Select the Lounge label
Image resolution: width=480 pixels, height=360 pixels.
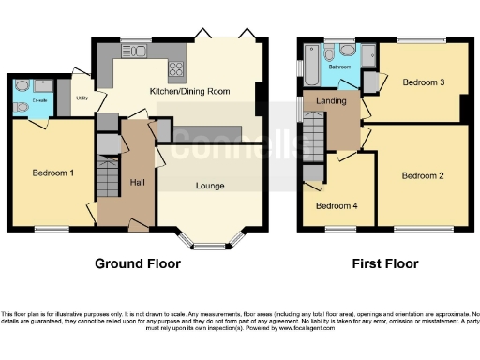(x=210, y=186)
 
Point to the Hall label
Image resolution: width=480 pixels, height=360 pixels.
(x=137, y=182)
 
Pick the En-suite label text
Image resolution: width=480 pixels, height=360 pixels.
(x=39, y=98)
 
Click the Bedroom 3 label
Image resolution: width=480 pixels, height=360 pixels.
(x=422, y=82)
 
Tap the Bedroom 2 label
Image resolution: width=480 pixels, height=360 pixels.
(x=422, y=175)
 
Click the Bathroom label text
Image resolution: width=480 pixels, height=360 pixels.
(x=337, y=67)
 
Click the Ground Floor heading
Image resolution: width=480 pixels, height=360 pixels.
(x=137, y=263)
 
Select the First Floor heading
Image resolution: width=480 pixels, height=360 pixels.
(x=384, y=263)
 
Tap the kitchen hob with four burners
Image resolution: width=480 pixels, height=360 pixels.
(x=175, y=67)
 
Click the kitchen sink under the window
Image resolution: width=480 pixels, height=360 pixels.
(x=137, y=51)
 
